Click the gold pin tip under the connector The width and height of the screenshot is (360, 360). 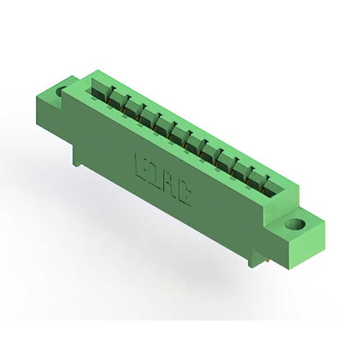click(x=268, y=261)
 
